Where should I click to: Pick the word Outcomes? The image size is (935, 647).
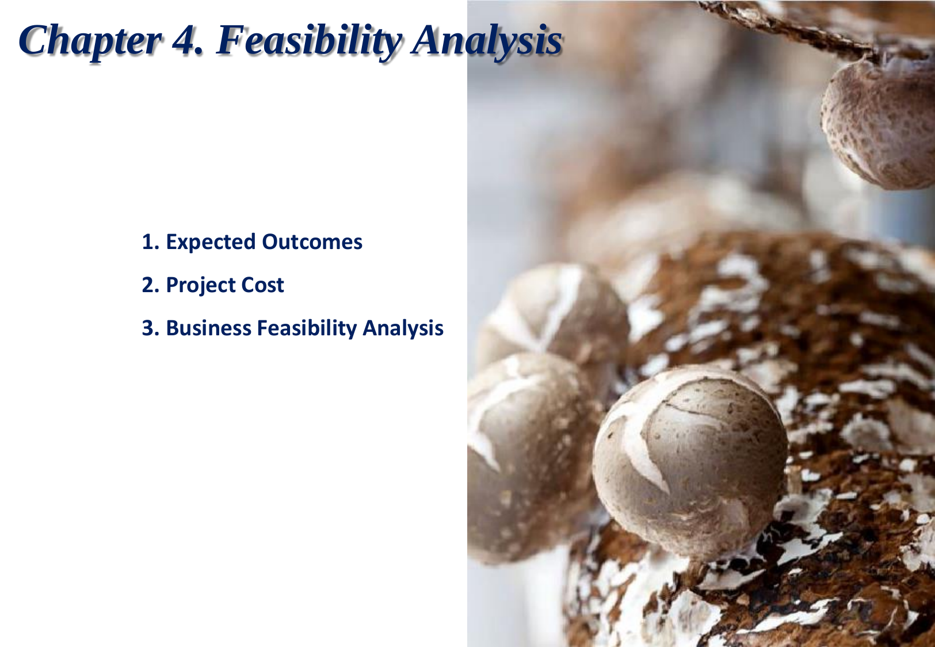[312, 242]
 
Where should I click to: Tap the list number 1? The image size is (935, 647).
[151, 242]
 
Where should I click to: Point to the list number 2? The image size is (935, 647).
[151, 285]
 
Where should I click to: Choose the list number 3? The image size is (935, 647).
[151, 328]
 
